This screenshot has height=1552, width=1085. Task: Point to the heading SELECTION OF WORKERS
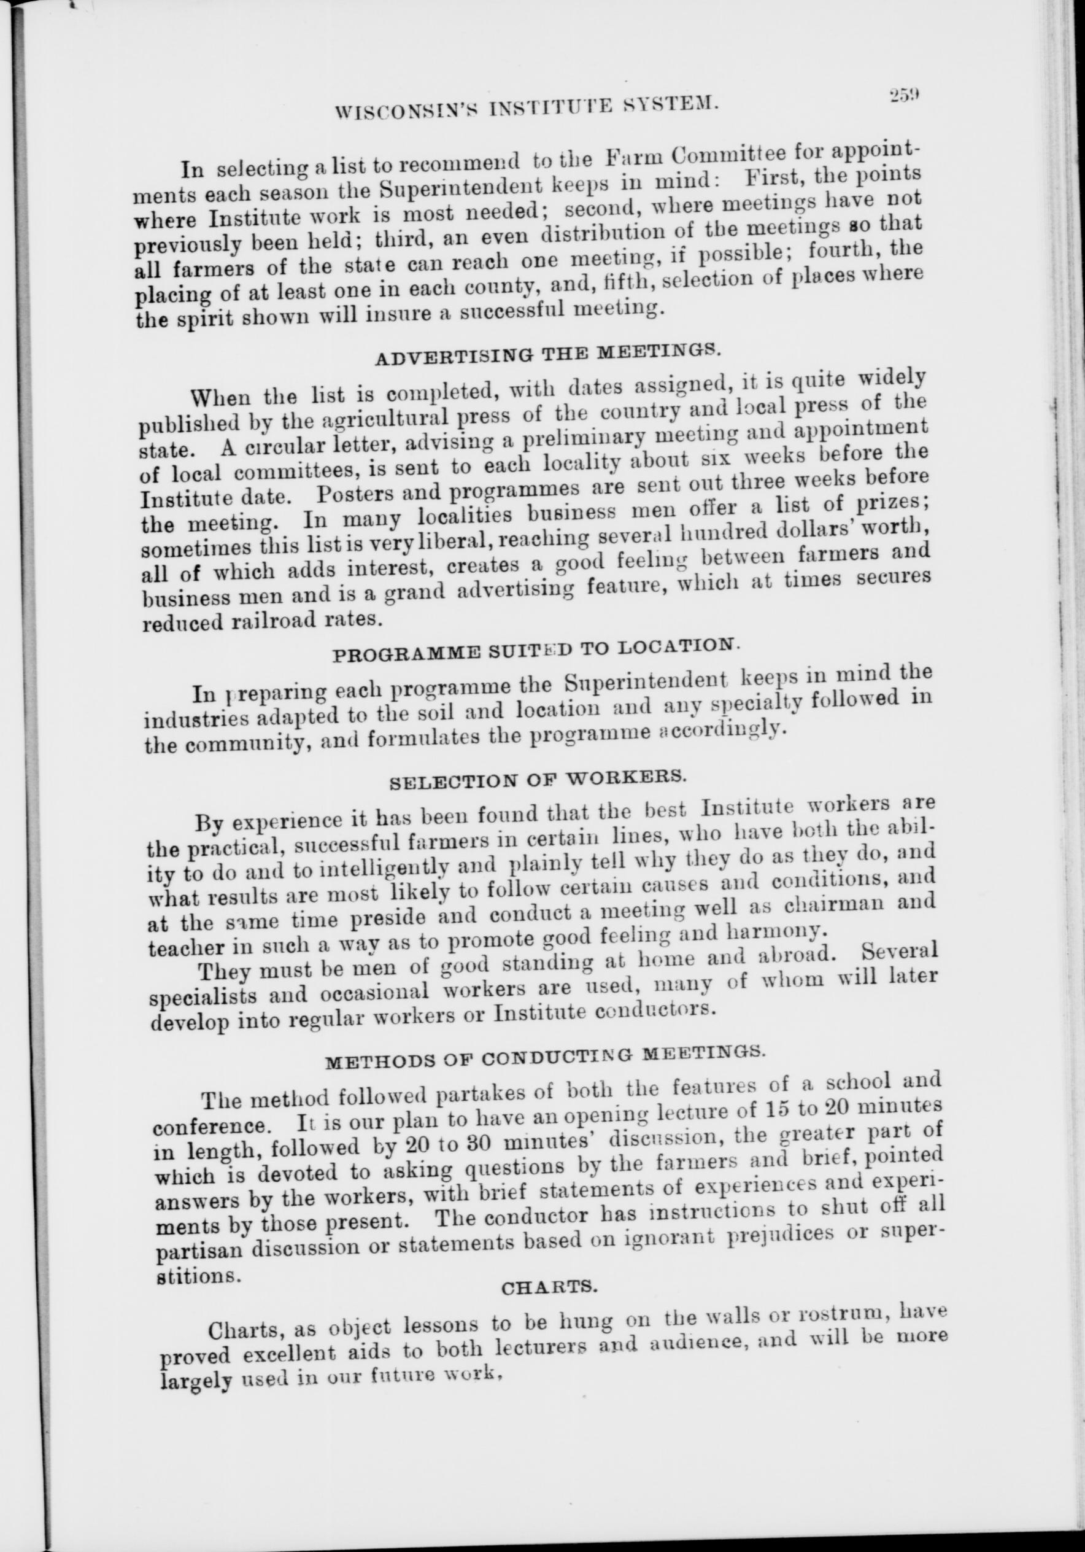pos(539,781)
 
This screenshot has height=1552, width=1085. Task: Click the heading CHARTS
pos(549,1289)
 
